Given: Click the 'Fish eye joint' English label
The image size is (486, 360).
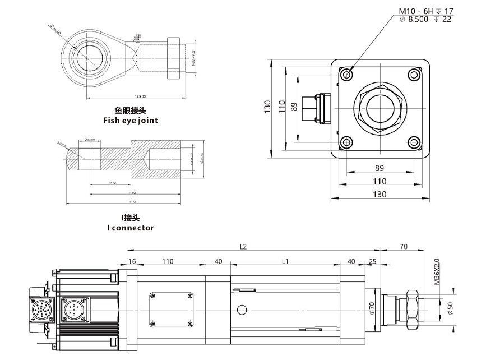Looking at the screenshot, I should tap(130, 120).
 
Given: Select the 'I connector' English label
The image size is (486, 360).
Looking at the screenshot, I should tap(130, 228).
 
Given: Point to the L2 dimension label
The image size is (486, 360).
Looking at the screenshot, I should tap(243, 246).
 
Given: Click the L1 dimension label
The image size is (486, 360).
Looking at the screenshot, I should tap(285, 261).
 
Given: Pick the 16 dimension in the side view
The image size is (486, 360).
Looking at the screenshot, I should tap(132, 261).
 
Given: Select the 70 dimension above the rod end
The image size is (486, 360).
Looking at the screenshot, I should tap(403, 246).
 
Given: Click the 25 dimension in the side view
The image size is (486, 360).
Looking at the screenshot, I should tap(372, 261).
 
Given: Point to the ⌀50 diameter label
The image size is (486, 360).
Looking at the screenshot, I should tap(450, 307).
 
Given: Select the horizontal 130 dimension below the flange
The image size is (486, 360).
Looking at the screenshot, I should tap(380, 195).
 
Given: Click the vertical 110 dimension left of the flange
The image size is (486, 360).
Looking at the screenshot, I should tap(281, 106).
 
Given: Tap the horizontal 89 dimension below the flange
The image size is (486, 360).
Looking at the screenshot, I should tap(379, 167).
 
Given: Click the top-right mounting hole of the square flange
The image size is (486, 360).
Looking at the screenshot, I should tap(414, 74).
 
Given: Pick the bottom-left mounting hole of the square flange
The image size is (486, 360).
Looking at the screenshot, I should tap(348, 142).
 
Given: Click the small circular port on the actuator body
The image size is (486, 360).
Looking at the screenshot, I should tap(242, 310).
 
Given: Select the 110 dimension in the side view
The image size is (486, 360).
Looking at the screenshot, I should tap(168, 261).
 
